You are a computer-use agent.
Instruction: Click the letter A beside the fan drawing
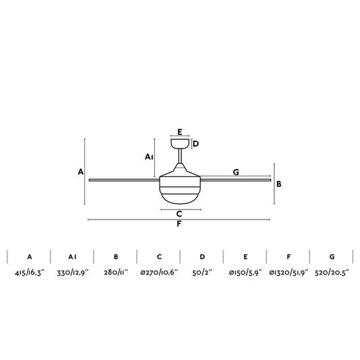(80, 172)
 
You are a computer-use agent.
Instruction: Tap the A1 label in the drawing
(150, 157)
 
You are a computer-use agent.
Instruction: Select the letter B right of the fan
(279, 183)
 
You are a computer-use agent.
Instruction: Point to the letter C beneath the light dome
(179, 214)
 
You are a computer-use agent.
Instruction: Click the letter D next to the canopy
(195, 143)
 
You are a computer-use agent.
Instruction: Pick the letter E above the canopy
(180, 132)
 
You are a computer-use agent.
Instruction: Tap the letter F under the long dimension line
(179, 226)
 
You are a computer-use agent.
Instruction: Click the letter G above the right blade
(236, 172)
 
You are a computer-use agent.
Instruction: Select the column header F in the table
(288, 257)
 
